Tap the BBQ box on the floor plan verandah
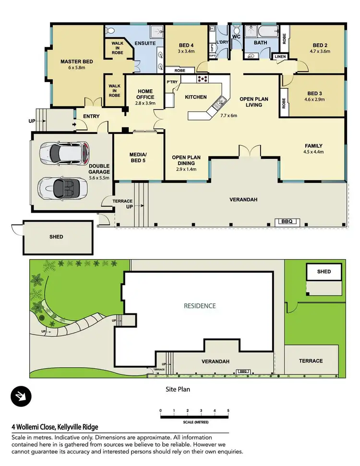[x=287, y=222]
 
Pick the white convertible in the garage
[x=62, y=186]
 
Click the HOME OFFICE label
[x=145, y=94]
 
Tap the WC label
[x=236, y=36]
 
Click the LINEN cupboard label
[x=280, y=57]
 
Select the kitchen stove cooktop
[x=202, y=79]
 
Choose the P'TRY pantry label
[x=172, y=82]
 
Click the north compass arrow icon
[x=21, y=396]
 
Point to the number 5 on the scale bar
[x=228, y=410]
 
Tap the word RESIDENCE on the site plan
[x=200, y=306]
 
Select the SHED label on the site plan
[x=324, y=272]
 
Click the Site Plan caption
[x=177, y=389]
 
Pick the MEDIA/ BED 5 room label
[x=138, y=157]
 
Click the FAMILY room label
[x=313, y=146]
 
